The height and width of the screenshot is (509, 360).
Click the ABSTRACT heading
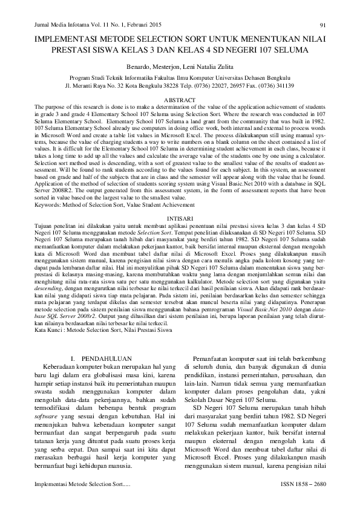coord(180,99)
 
